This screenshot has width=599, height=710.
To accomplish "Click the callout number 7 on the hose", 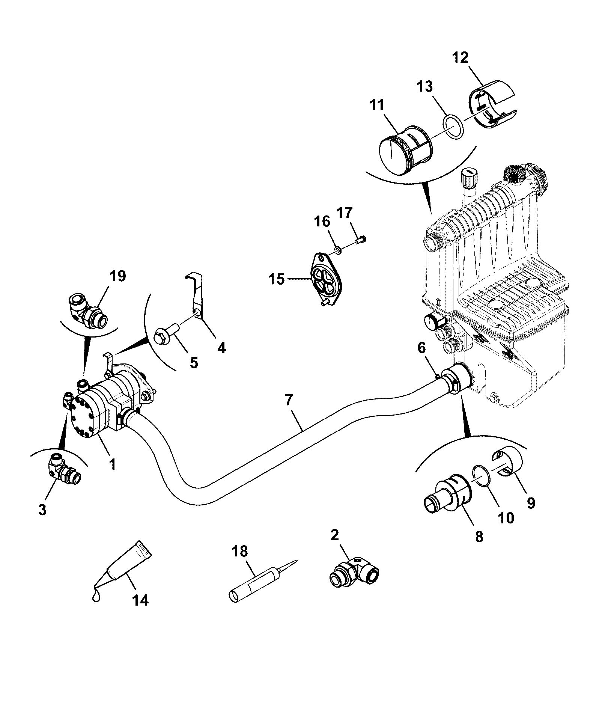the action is (288, 401).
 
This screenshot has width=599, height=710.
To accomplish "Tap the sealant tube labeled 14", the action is (122, 571).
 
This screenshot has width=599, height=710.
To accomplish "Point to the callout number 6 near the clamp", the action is (422, 348).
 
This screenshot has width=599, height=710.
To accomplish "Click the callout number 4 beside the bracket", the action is (222, 348).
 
